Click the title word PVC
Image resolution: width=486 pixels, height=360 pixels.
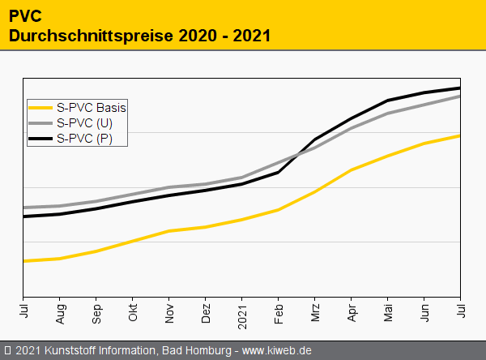click(x=25, y=16)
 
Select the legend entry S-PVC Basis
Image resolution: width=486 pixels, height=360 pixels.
click(x=91, y=106)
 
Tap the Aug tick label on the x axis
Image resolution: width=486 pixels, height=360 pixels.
click(x=60, y=312)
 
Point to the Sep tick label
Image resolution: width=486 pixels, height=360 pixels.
click(x=96, y=312)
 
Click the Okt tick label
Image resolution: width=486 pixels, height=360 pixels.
click(x=133, y=312)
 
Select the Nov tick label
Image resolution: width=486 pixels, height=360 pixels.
click(x=169, y=312)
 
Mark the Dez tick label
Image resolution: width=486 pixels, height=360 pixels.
click(x=206, y=312)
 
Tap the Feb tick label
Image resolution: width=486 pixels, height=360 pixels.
click(x=279, y=312)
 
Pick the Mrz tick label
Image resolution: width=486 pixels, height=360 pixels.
click(x=315, y=312)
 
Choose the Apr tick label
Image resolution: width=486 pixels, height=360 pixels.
click(x=352, y=312)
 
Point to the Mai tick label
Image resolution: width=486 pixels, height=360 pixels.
click(x=388, y=312)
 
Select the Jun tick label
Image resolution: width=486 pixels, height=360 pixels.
click(x=424, y=312)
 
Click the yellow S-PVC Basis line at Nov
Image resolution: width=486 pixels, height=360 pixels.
click(x=169, y=231)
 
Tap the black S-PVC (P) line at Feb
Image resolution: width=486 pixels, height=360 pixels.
click(x=279, y=172)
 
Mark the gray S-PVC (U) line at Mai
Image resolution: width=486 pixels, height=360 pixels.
click(x=388, y=114)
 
